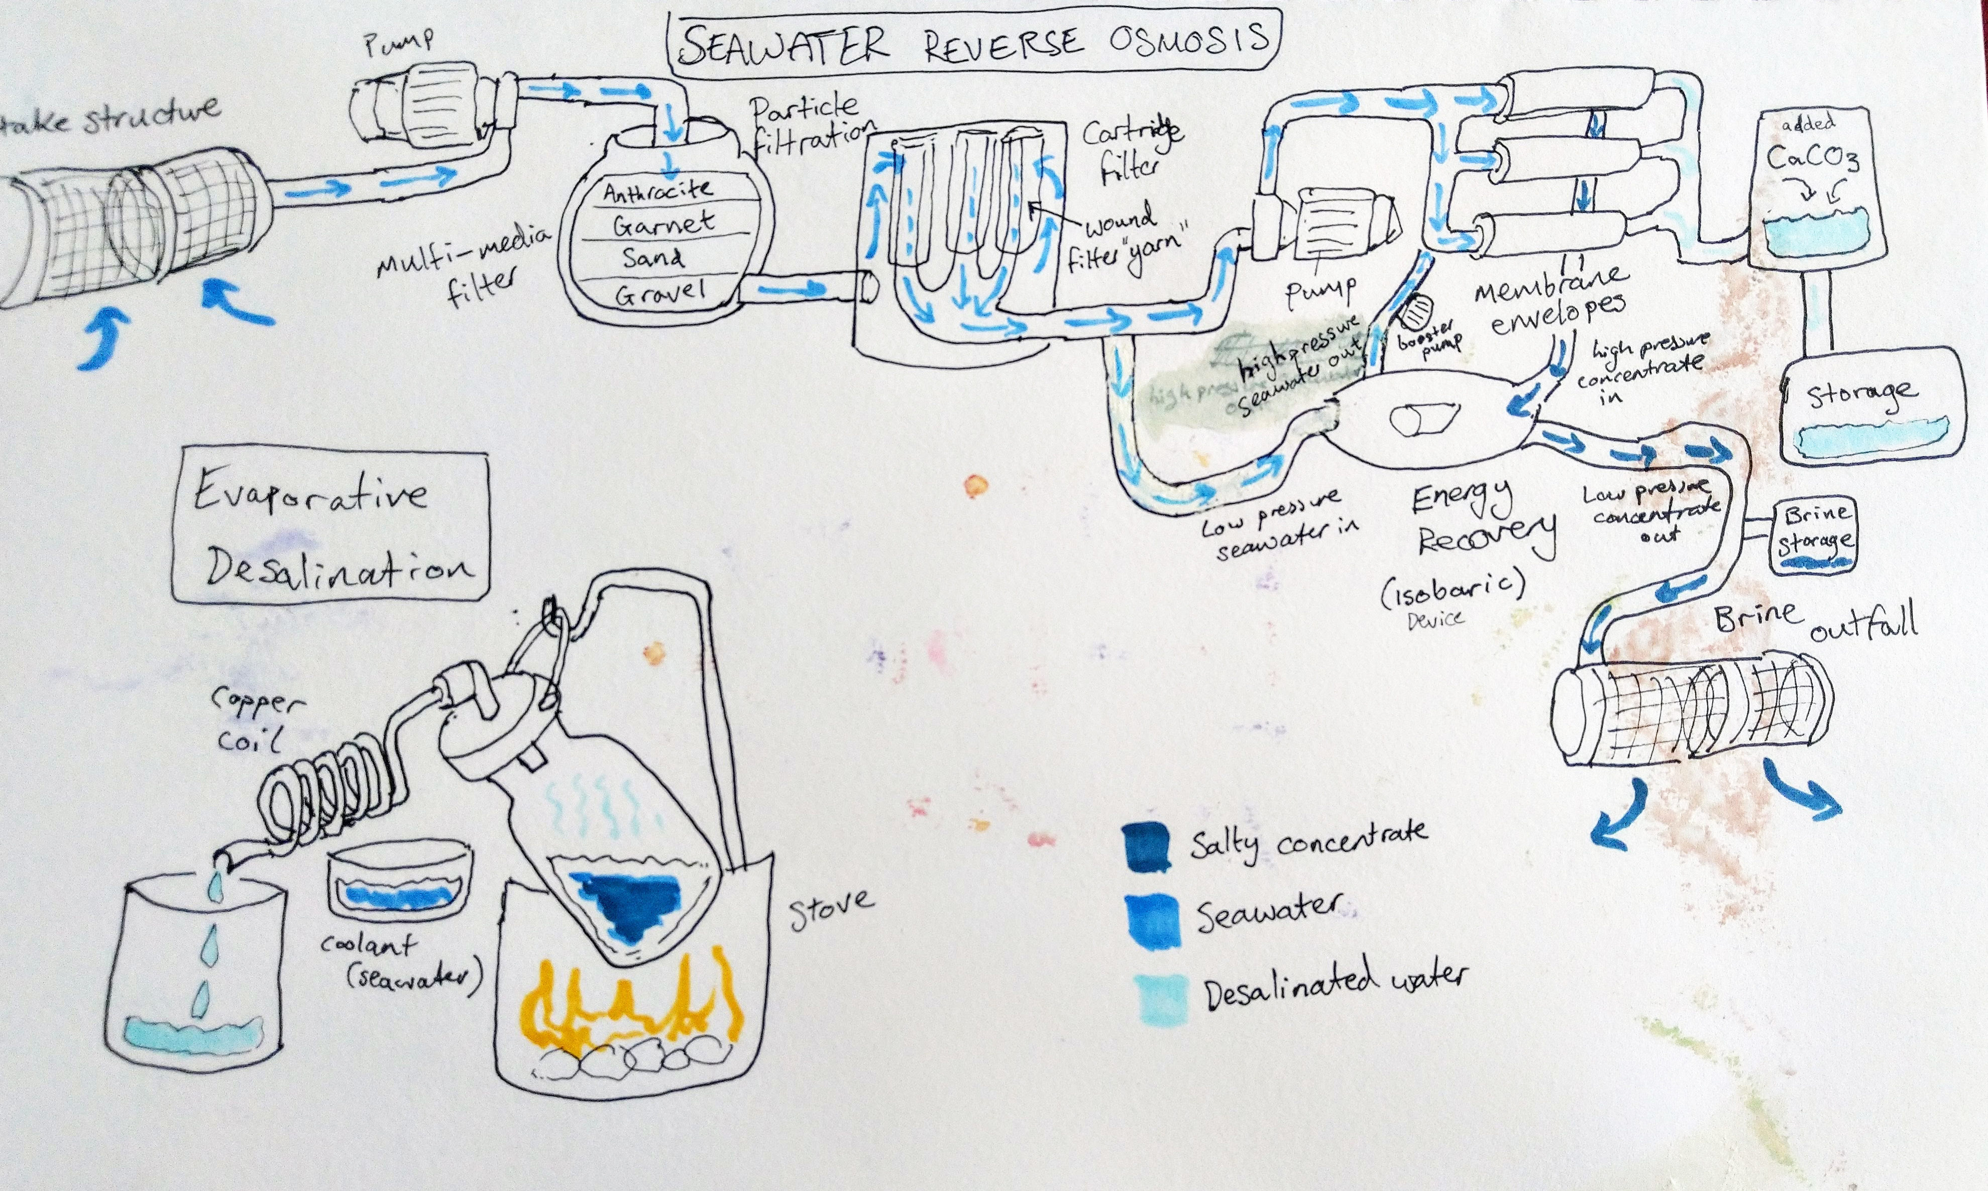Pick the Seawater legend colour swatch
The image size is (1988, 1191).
pos(1152,922)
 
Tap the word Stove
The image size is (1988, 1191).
pos(830,909)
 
